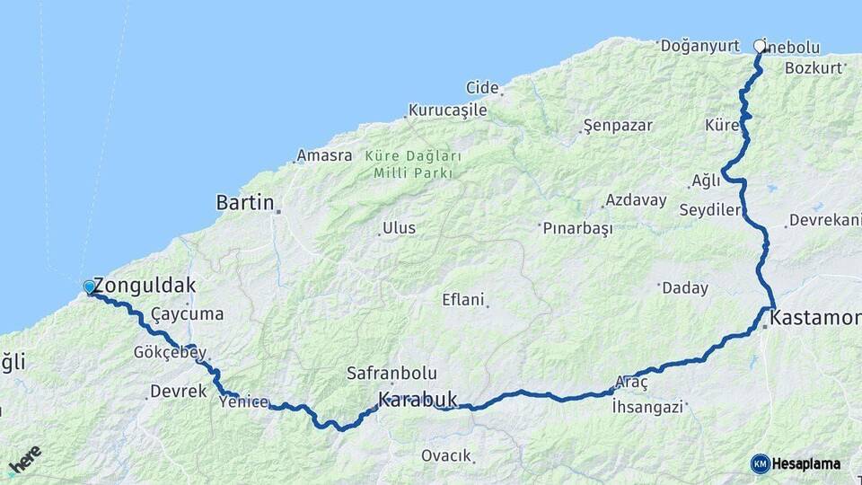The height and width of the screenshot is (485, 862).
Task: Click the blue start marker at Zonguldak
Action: tap(89, 287)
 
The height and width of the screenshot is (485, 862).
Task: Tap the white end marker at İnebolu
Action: tap(761, 45)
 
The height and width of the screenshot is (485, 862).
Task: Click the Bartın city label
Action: tap(245, 203)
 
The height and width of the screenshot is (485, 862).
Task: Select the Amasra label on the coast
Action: tap(324, 155)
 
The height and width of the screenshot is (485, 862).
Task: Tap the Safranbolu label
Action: tap(391, 373)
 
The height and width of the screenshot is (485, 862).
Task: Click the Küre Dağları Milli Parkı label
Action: tap(413, 163)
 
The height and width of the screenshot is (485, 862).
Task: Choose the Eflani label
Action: tap(463, 299)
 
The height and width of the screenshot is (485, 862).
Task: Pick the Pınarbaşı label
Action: tap(577, 228)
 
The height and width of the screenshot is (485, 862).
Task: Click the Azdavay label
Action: tap(635, 199)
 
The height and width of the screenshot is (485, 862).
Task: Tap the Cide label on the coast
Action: tap(482, 87)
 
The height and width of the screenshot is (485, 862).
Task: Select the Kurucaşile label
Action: tap(448, 110)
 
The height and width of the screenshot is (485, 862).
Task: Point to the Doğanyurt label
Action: tap(699, 45)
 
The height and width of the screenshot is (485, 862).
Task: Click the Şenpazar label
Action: tap(618, 125)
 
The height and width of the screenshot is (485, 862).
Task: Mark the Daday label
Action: tap(684, 288)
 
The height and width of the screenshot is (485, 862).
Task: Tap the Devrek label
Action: tap(178, 392)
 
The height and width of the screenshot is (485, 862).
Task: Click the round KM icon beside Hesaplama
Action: tap(760, 463)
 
